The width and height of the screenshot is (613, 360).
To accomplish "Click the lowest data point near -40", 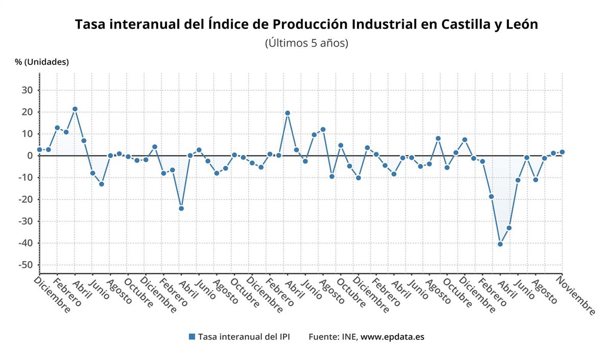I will [500, 244].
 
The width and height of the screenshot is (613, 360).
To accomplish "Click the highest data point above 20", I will [75, 109].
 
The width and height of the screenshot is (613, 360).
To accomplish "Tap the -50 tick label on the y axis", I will [25, 265].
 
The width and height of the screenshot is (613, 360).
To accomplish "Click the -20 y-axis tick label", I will [25, 200].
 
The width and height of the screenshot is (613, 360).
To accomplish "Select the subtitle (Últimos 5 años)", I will [306, 43].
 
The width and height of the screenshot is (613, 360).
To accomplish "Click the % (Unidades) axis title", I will [41, 62].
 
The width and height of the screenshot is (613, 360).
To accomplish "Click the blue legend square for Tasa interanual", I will [192, 337].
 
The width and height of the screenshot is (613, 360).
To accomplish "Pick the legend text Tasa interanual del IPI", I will [244, 337].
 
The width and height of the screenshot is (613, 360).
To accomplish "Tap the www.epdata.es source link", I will [392, 337].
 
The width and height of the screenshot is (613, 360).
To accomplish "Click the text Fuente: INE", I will [333, 337].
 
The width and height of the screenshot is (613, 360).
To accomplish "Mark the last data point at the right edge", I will [562, 152].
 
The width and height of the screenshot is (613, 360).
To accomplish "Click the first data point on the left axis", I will [39, 150].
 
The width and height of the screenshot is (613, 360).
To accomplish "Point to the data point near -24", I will [181, 208].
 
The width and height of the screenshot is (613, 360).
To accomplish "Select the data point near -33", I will [509, 228].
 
